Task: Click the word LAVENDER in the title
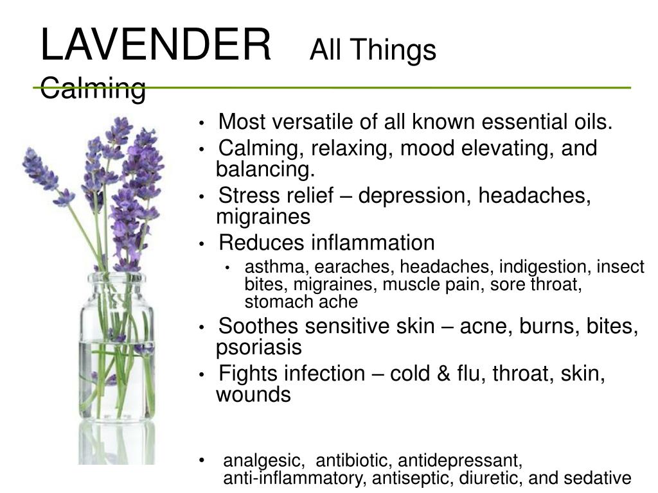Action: click(156, 45)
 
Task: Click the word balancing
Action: click(265, 169)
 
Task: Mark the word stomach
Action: click(278, 302)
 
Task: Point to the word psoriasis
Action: click(259, 347)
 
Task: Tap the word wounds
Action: click(253, 395)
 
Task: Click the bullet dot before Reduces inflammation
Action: click(202, 243)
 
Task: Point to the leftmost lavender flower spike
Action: click(47, 176)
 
